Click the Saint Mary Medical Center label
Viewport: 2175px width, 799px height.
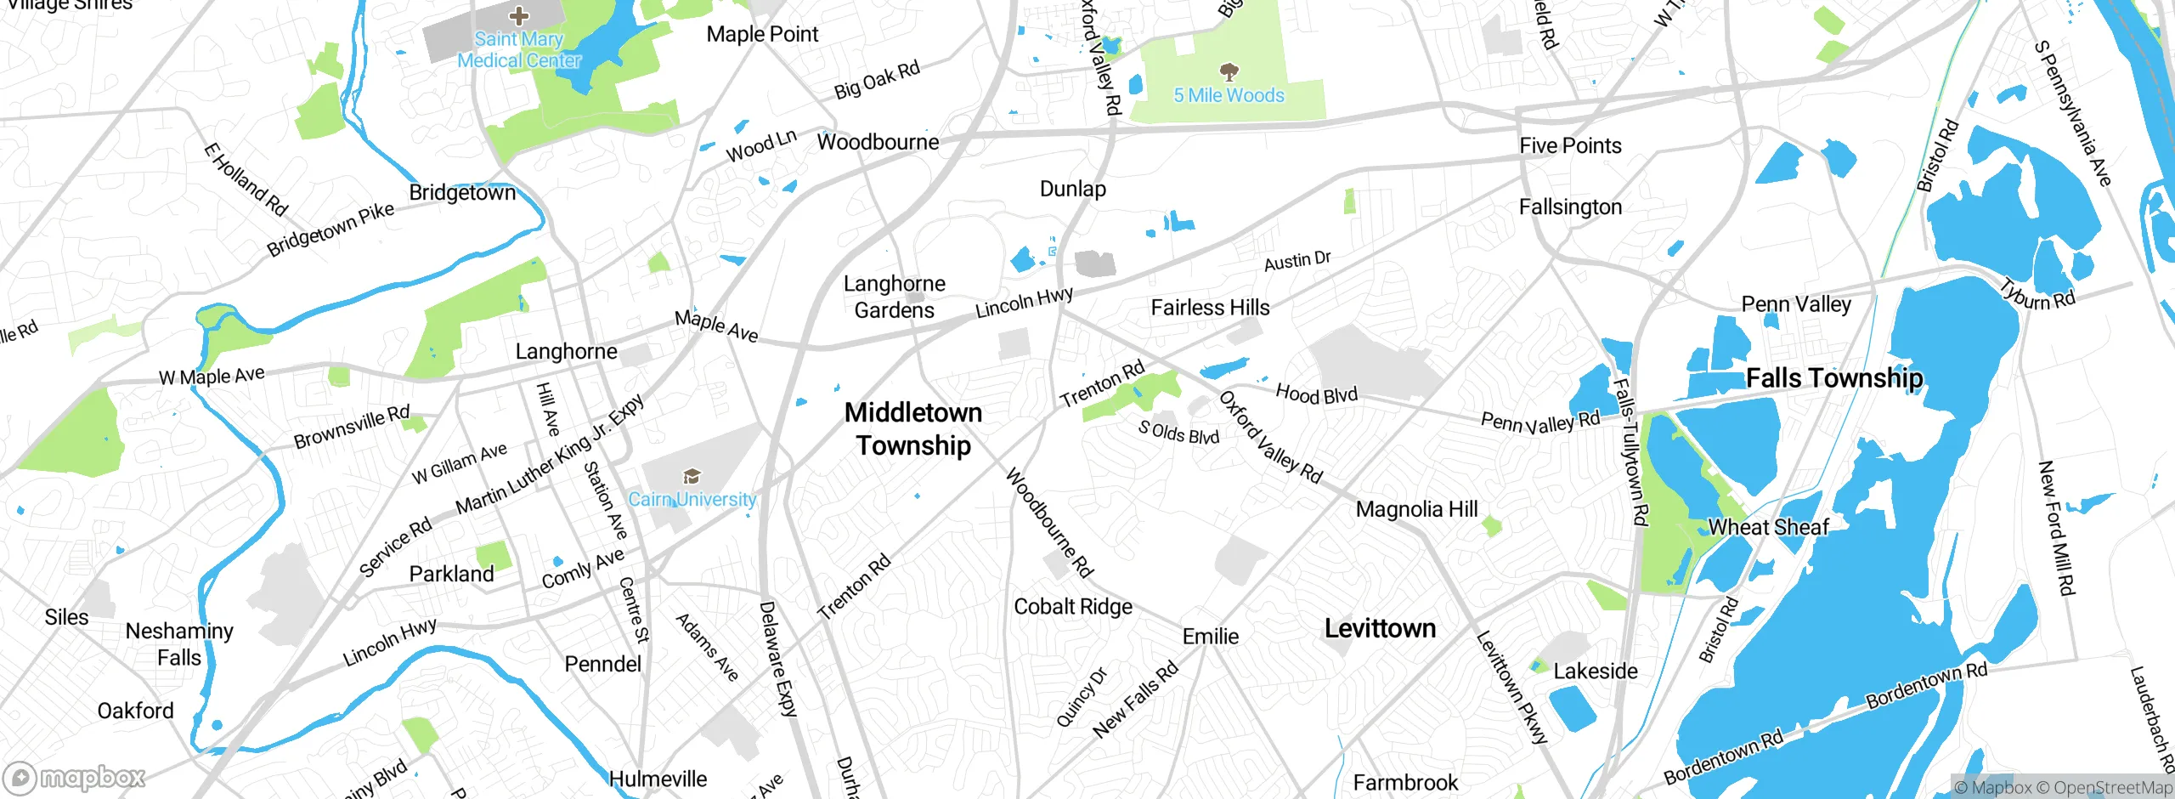[518, 50]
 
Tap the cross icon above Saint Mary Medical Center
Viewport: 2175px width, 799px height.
[518, 15]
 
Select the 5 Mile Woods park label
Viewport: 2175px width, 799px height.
[1229, 95]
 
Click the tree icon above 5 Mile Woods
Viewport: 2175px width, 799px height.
[1229, 71]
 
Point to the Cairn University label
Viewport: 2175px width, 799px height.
[692, 500]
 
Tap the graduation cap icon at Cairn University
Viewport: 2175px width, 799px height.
[692, 476]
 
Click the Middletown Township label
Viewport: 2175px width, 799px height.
[913, 428]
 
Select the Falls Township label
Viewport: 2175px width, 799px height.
[1834, 377]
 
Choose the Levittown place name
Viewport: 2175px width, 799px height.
[1380, 629]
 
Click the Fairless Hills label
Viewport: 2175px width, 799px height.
[1210, 308]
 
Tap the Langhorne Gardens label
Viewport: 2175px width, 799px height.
[894, 297]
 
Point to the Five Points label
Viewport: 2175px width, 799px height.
[1570, 146]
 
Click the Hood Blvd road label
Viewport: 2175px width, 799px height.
[1316, 394]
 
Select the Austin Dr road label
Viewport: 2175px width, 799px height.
[1297, 261]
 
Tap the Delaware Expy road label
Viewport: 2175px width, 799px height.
[777, 659]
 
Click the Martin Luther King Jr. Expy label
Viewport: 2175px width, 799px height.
[550, 456]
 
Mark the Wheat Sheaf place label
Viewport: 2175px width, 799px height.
[1768, 528]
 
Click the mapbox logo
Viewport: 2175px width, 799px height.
[74, 777]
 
